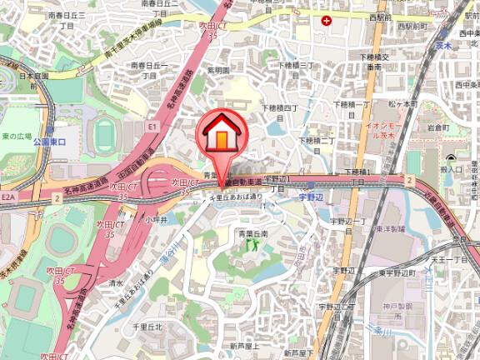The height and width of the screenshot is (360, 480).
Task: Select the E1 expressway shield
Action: pyautogui.click(x=151, y=126)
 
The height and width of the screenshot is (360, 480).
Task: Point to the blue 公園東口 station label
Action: pyautogui.click(x=49, y=142)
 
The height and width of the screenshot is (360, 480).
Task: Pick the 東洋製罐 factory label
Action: pyautogui.click(x=389, y=228)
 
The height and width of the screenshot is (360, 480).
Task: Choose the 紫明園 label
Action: pyautogui.click(x=218, y=72)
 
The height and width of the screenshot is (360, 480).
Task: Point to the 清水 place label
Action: pyautogui.click(x=116, y=282)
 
